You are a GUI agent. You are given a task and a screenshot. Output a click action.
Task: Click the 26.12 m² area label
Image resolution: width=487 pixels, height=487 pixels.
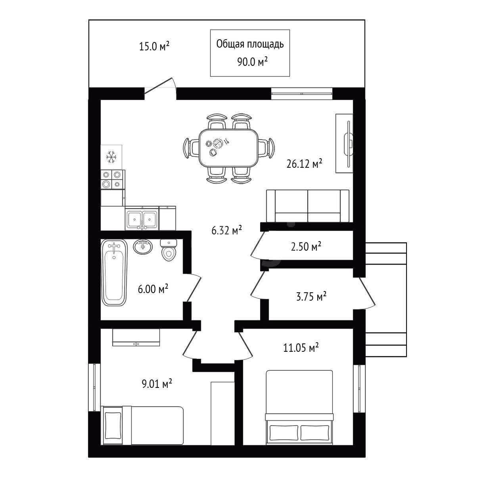pos(304,164)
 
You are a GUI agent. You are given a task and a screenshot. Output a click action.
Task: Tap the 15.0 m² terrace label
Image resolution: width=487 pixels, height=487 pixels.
pos(154,46)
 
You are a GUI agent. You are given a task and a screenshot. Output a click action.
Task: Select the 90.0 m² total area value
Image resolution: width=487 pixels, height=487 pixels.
pos(253,61)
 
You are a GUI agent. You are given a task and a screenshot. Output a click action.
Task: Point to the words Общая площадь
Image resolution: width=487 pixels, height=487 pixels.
pos(250,44)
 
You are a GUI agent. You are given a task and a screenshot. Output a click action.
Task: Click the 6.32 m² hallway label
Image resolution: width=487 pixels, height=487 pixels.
pos(227,230)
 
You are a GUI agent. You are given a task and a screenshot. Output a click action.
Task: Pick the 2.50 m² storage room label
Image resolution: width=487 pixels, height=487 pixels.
pos(306,246)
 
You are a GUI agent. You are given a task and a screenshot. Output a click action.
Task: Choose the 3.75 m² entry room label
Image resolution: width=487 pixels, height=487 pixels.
pos(311,296)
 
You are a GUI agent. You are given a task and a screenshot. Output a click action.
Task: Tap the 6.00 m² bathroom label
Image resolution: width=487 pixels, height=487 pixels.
pos(153,289)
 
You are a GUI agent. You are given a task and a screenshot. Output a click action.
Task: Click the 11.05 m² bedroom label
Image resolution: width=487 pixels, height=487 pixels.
pos(301,348)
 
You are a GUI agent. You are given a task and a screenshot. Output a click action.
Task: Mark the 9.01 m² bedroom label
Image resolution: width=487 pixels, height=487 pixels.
pos(157,384)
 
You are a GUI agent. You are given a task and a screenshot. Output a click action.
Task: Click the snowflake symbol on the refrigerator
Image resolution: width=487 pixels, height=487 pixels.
pos(111,157)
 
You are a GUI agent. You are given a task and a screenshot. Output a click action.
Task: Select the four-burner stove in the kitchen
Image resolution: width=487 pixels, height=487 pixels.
pos(113,179)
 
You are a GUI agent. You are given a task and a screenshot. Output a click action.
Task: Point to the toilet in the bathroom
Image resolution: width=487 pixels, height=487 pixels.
pos(169,250)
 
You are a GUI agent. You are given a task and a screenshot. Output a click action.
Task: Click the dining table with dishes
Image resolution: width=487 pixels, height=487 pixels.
pos(228,148)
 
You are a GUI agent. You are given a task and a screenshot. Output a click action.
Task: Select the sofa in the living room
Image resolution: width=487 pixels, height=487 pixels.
pos(308,206)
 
